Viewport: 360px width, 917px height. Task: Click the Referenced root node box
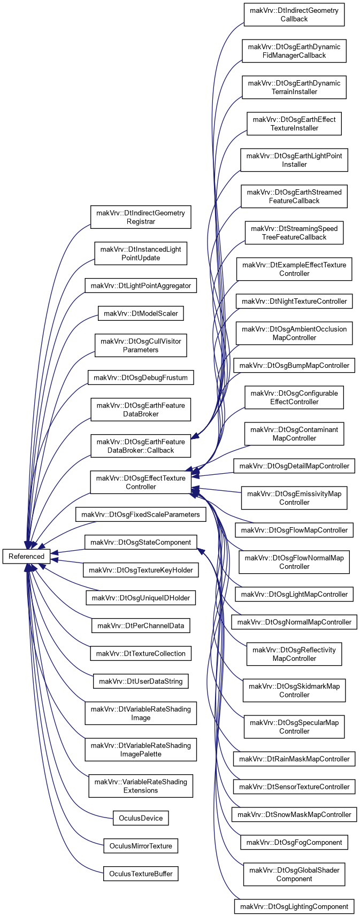(26, 556)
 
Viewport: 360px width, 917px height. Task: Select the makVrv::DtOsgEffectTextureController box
(141, 482)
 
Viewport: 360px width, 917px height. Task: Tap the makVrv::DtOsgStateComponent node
(141, 542)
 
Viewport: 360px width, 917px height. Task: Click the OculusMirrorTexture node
(141, 846)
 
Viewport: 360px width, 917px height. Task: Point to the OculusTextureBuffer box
(141, 874)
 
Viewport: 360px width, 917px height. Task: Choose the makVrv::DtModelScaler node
(141, 313)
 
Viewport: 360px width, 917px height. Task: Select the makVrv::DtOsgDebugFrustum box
(141, 377)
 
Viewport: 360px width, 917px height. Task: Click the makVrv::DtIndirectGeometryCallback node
(294, 14)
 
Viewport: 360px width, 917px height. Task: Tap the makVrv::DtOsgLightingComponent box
(294, 906)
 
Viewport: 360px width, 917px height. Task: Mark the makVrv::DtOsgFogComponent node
(294, 842)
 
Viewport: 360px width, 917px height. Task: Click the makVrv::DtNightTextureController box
(294, 301)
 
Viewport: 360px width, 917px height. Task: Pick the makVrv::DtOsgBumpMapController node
(294, 365)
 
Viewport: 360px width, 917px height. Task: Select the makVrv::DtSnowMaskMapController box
(294, 814)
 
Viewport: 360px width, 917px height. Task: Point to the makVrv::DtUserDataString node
(141, 681)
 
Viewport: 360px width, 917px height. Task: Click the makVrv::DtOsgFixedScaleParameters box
(141, 514)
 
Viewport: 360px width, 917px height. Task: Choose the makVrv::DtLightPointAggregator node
(141, 286)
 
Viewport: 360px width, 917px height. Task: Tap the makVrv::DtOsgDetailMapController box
(294, 466)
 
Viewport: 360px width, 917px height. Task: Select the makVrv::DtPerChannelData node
(141, 626)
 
